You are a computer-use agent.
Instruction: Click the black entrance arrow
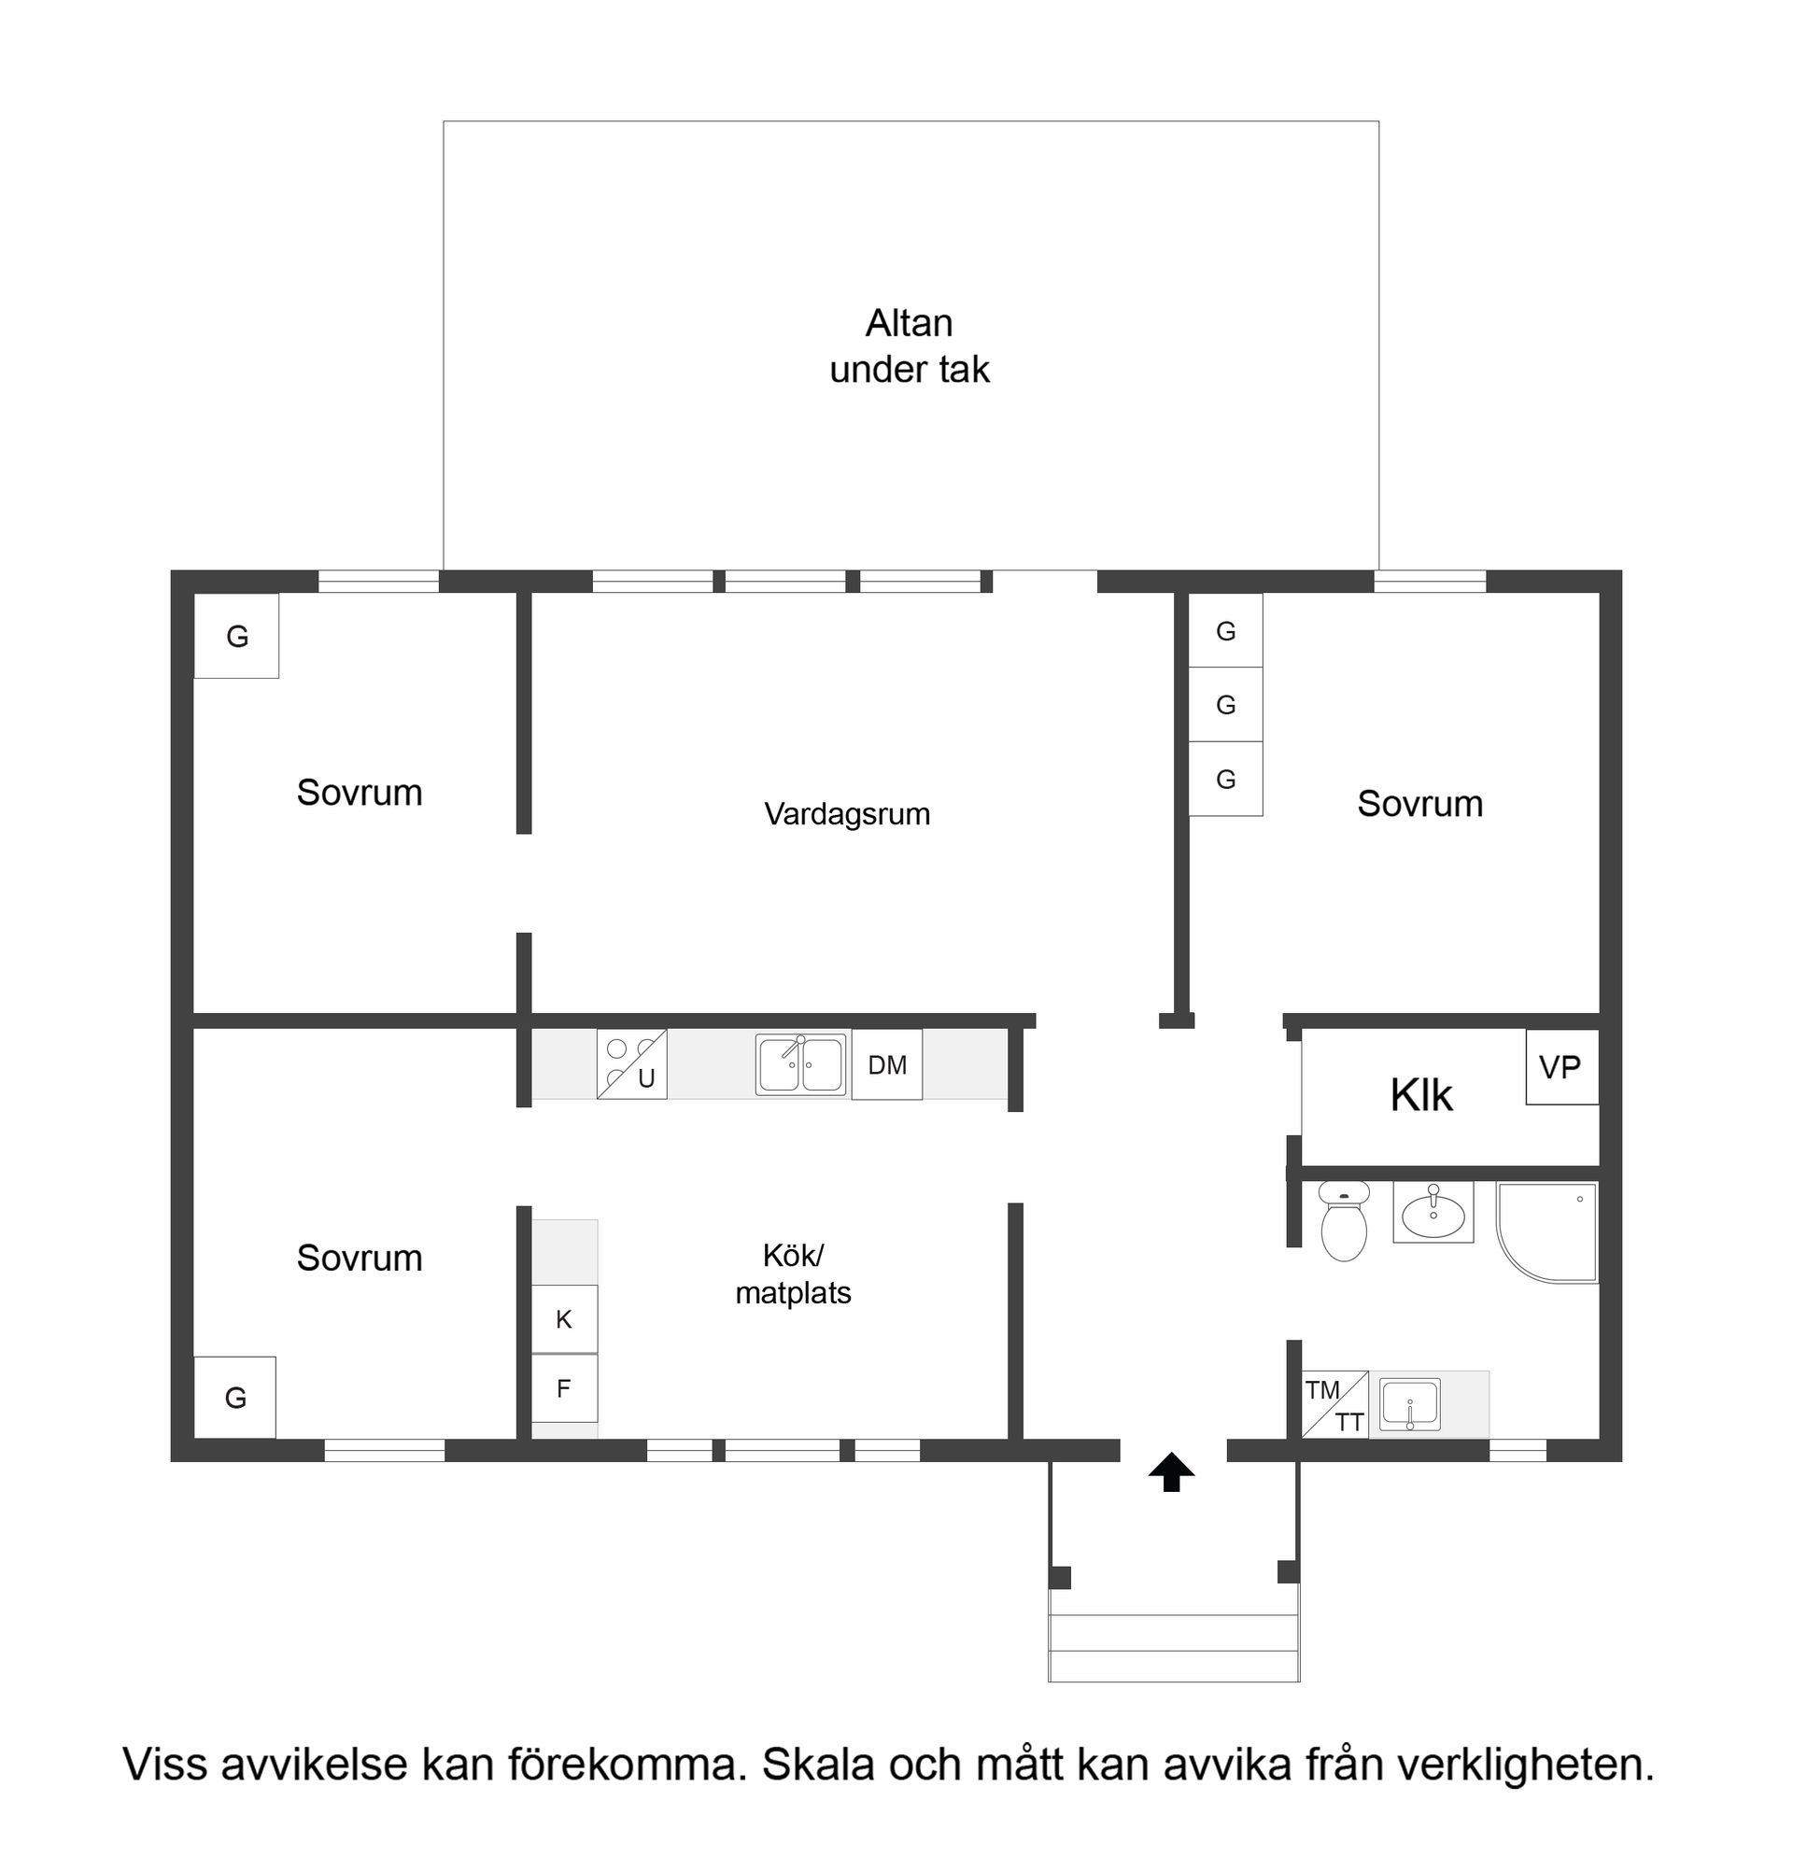click(1171, 1472)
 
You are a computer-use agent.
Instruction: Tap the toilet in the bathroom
click(1343, 1222)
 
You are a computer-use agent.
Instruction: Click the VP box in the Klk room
click(1560, 1068)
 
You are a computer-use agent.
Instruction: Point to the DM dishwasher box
click(887, 1066)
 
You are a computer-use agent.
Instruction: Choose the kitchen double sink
click(801, 1065)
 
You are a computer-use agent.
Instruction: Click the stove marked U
click(632, 1064)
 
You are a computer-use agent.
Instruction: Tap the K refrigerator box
click(564, 1319)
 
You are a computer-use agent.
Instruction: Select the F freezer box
click(564, 1388)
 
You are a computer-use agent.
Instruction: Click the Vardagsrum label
click(847, 814)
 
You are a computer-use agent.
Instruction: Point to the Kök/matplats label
click(793, 1273)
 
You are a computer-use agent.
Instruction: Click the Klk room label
click(1420, 1095)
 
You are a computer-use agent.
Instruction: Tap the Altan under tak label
click(909, 345)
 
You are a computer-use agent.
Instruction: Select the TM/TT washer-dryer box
click(1335, 1404)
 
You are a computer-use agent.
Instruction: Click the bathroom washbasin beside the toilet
click(1433, 1212)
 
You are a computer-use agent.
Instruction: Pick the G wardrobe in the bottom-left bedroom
click(235, 1398)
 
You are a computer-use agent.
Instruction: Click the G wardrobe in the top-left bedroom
click(237, 636)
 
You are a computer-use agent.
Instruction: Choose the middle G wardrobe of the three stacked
click(1225, 705)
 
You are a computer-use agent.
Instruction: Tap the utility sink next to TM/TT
click(1410, 1404)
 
